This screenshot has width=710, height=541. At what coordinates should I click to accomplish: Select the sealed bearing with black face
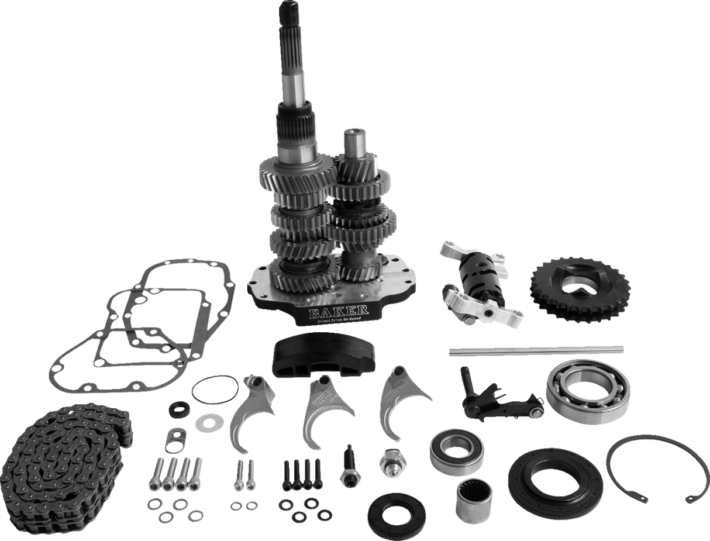point(456,450)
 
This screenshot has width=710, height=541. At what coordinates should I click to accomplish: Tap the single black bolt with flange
point(349,466)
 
